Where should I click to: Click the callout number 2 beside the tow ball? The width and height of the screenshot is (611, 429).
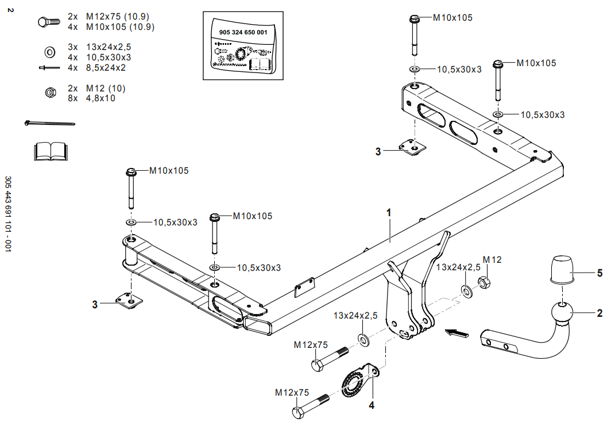tap(600, 313)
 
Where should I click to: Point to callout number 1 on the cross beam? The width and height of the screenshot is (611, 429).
tap(389, 212)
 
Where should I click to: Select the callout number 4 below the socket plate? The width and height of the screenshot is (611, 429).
tap(372, 405)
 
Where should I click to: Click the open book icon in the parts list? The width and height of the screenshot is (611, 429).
tap(50, 151)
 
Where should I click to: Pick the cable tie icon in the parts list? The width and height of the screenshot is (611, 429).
tap(50, 123)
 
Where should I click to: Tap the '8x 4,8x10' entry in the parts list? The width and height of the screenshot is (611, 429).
tap(91, 98)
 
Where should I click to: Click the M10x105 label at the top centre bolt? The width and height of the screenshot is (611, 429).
tap(453, 18)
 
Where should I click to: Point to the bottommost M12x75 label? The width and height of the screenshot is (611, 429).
tap(292, 393)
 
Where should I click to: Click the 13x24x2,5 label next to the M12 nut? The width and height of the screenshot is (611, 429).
tap(458, 267)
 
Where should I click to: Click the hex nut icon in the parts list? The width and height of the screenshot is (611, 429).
tap(49, 92)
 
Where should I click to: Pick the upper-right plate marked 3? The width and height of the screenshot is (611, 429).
tap(413, 148)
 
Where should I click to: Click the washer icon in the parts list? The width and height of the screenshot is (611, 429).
tap(49, 52)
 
